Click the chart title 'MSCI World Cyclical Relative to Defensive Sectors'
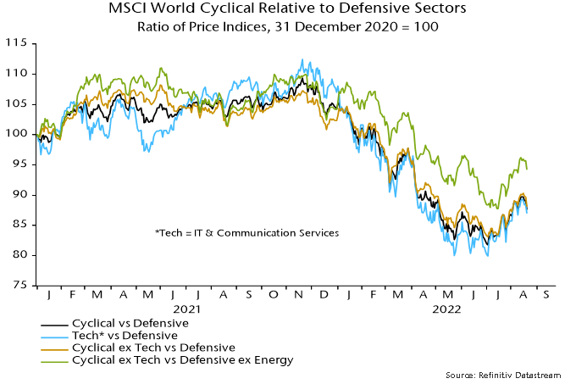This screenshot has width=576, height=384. pos(287,10)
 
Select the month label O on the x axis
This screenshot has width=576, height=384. pos(274,297)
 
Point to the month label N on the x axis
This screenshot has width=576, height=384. pos(301,297)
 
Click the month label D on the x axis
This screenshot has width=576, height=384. pos(326,297)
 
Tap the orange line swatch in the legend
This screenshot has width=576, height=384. pos(55,348)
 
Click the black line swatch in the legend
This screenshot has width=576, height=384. pos(55,323)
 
